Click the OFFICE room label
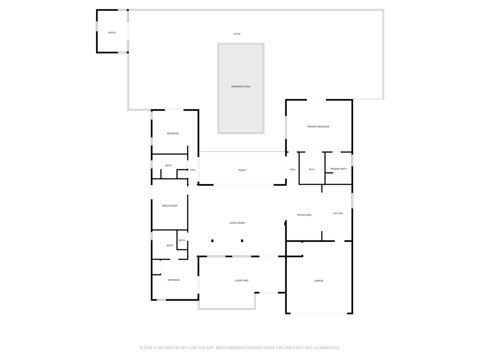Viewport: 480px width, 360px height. coord(112,33)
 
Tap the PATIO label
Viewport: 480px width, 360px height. coord(237,34)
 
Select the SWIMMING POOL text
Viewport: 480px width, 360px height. coord(240,87)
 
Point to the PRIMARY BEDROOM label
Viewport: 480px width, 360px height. coord(318,127)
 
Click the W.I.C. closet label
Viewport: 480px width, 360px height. coord(312,169)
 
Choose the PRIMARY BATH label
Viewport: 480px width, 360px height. coord(338,169)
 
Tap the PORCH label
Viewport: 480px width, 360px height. coord(242,170)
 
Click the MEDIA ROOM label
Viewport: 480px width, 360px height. coord(170,206)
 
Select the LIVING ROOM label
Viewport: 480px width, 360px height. coord(237,223)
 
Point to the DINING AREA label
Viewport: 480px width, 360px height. coord(304,215)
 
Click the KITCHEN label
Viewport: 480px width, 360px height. coord(338,214)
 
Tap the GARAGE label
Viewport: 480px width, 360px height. coord(319,281)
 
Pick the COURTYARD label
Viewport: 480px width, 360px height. coord(241,281)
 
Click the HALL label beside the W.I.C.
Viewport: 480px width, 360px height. coord(292,170)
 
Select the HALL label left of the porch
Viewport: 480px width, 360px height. coord(193,170)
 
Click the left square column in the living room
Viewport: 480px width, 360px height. coord(212,241)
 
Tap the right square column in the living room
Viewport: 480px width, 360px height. coord(242,241)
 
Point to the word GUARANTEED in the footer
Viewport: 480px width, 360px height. coord(322,348)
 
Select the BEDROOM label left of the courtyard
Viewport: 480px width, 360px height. coord(173,280)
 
